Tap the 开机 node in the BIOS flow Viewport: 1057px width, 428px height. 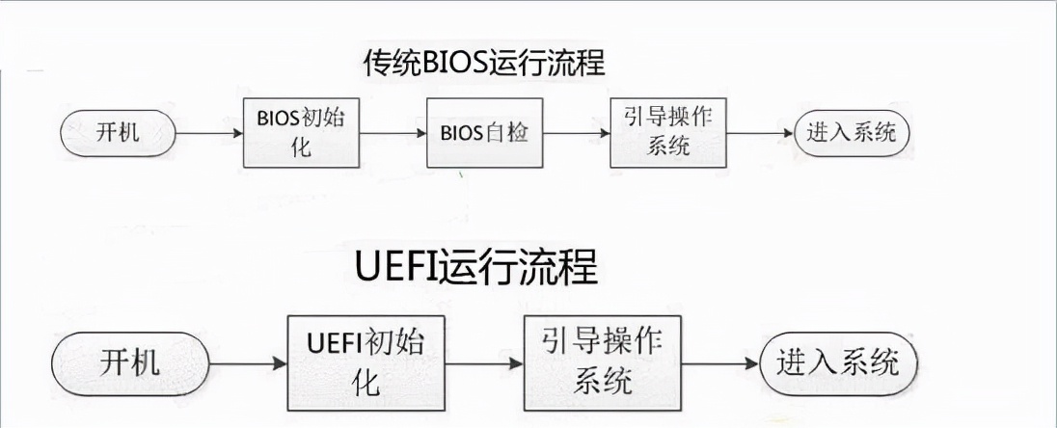pyautogui.click(x=118, y=132)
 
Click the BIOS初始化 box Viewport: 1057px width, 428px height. pyautogui.click(x=299, y=132)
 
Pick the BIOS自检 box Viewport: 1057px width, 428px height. pyautogui.click(x=483, y=132)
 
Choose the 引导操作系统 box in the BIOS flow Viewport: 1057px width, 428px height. pyautogui.click(x=668, y=132)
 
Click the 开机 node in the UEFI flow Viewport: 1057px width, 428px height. pyautogui.click(x=131, y=363)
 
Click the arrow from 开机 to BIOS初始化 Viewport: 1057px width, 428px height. pyautogui.click(x=210, y=133)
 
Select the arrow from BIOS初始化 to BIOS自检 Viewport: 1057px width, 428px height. pyautogui.click(x=391, y=133)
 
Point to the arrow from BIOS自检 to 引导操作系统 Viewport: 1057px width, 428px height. pyautogui.click(x=575, y=133)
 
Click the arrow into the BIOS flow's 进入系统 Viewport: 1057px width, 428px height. pyautogui.click(x=759, y=133)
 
